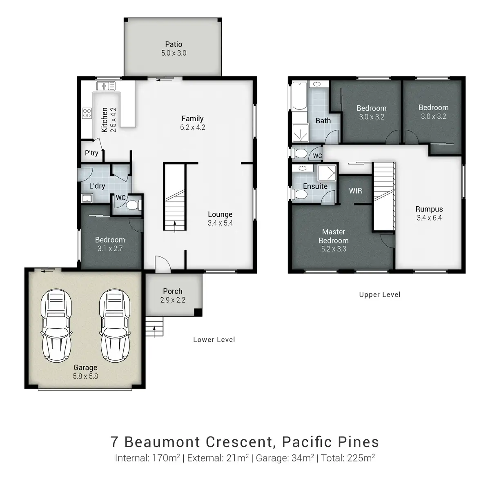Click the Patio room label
coord(174,44)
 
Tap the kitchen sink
coord(106,86)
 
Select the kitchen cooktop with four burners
coord(87,113)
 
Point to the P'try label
coord(91,153)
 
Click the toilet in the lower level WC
coord(134,205)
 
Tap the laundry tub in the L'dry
coord(87,198)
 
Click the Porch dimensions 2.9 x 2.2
coord(173,300)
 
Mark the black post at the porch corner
coord(198,312)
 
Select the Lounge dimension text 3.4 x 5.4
coord(220,223)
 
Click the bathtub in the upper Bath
coord(300,96)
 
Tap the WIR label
coord(356,191)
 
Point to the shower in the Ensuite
coord(327,173)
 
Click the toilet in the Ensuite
coord(300,194)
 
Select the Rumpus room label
coord(429,209)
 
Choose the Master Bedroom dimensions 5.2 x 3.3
coord(334,249)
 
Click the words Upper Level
coord(380,294)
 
